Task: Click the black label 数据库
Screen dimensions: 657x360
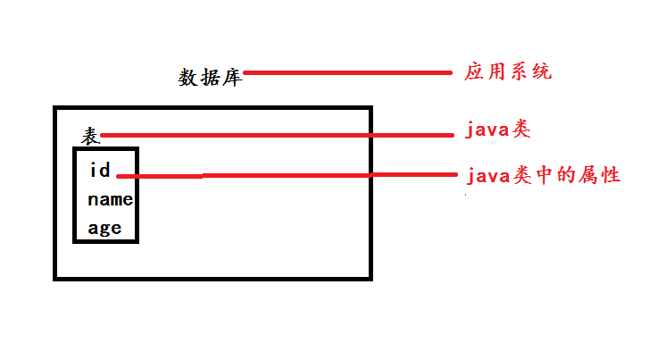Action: pyautogui.click(x=210, y=77)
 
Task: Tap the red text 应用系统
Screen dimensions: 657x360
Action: pyautogui.click(x=508, y=71)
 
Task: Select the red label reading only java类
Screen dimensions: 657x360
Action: pyautogui.click(x=498, y=130)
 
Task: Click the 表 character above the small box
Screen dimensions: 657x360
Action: pyautogui.click(x=90, y=136)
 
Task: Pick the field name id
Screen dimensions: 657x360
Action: pyautogui.click(x=100, y=170)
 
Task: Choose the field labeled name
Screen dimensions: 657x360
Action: pyautogui.click(x=110, y=199)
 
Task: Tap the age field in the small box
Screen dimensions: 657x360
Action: pyautogui.click(x=104, y=228)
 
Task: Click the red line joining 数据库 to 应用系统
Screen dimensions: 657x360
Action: pyautogui.click(x=348, y=72)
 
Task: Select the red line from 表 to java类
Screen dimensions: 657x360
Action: pyautogui.click(x=277, y=136)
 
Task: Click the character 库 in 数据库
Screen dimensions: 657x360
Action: pyautogui.click(x=231, y=77)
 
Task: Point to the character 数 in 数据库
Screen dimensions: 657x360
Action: pyautogui.click(x=188, y=77)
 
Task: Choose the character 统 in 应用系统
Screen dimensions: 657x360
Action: pyautogui.click(x=541, y=71)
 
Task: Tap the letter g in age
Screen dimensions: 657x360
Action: pyautogui.click(x=104, y=229)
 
